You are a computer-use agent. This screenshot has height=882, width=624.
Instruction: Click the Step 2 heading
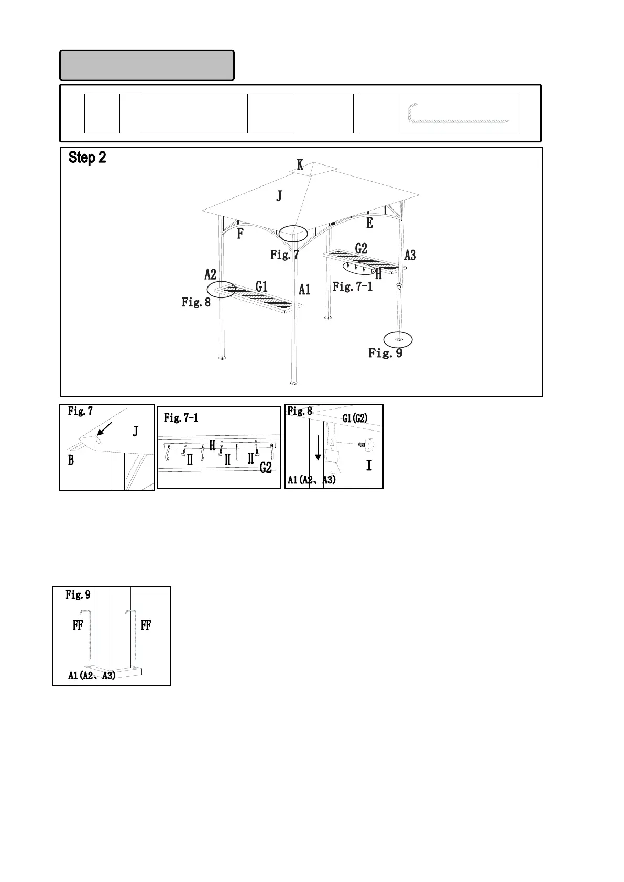click(87, 158)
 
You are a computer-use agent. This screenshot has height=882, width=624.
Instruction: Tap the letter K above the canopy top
click(300, 165)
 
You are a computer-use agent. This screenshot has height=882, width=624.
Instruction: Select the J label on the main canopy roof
click(279, 196)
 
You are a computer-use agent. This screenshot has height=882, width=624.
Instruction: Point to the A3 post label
click(410, 256)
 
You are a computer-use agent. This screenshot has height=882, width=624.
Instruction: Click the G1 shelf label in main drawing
click(261, 286)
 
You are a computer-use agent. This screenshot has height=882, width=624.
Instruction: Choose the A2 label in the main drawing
click(210, 274)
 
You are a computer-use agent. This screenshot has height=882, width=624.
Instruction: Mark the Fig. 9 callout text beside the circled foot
click(385, 353)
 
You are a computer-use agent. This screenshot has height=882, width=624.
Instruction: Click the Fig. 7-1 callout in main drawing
click(353, 286)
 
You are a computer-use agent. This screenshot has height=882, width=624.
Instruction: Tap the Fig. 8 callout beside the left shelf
click(196, 302)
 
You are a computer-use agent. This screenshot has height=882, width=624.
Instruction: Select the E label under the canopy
click(369, 223)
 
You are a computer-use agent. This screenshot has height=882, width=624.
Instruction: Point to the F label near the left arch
click(240, 234)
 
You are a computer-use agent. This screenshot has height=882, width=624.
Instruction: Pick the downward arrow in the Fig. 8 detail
click(318, 450)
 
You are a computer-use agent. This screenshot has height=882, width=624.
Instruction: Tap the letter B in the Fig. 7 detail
click(71, 460)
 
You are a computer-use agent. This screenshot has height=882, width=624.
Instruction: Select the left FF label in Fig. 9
click(78, 625)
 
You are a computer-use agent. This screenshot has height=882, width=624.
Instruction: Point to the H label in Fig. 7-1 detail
click(212, 446)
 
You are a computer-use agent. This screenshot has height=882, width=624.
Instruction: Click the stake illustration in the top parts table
click(459, 113)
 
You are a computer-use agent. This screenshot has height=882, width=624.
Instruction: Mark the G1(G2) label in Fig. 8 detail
click(355, 418)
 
